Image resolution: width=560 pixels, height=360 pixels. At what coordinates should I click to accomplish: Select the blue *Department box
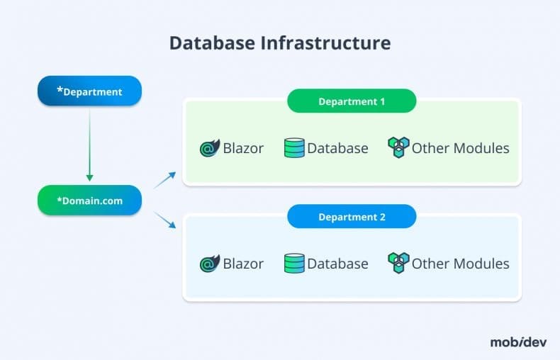pos(89,91)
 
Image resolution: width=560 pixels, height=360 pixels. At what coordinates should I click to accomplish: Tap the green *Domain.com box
pos(89,201)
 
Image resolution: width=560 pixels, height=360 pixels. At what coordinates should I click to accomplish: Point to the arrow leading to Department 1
pos(165,180)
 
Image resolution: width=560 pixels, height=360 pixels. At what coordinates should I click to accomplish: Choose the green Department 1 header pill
pos(352,101)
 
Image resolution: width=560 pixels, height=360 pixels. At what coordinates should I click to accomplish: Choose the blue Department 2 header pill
pos(352,217)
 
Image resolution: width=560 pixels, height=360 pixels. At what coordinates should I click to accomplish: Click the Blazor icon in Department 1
pos(210,148)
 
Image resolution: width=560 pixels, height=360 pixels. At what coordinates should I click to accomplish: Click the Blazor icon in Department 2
pos(210,264)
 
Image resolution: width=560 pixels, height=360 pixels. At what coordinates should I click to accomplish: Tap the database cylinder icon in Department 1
pos(294,148)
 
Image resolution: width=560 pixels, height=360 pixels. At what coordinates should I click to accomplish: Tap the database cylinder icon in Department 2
pos(294,264)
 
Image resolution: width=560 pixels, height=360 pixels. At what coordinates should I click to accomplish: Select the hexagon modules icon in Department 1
pos(398,147)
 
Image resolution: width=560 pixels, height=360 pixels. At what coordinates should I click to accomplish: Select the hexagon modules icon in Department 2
pos(398,263)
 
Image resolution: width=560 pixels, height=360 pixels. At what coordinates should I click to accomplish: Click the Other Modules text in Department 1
pos(460,148)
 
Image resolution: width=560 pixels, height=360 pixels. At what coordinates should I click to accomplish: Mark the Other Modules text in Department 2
pos(460,264)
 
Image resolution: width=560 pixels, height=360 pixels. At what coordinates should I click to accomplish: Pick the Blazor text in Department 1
pos(243,148)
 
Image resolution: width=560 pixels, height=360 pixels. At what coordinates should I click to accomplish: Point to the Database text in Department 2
pos(337,264)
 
